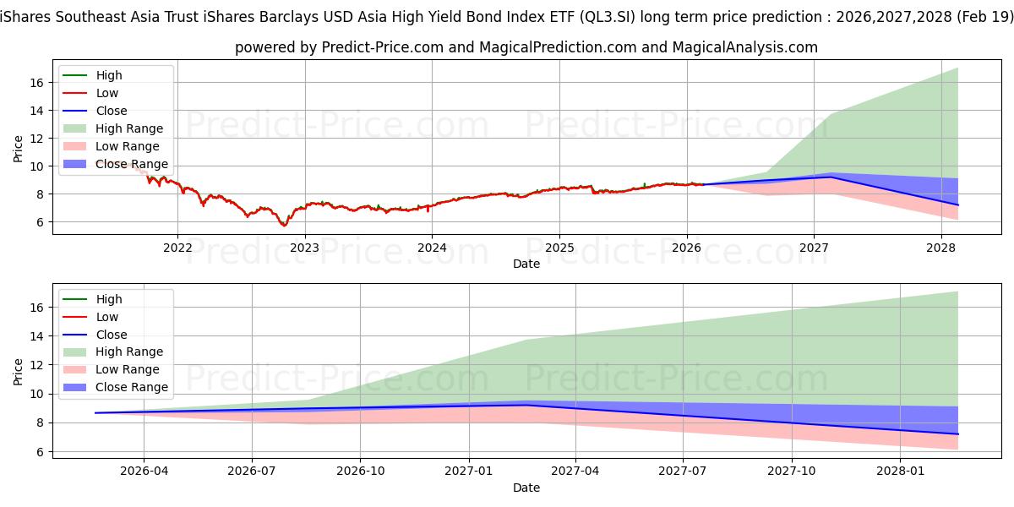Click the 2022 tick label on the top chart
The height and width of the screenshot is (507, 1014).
point(177,248)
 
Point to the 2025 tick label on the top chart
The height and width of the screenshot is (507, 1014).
point(559,248)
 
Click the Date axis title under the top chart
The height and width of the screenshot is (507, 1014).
point(526,264)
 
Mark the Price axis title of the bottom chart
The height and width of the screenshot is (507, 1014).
point(19,370)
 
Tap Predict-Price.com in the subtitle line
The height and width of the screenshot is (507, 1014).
point(382,47)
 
